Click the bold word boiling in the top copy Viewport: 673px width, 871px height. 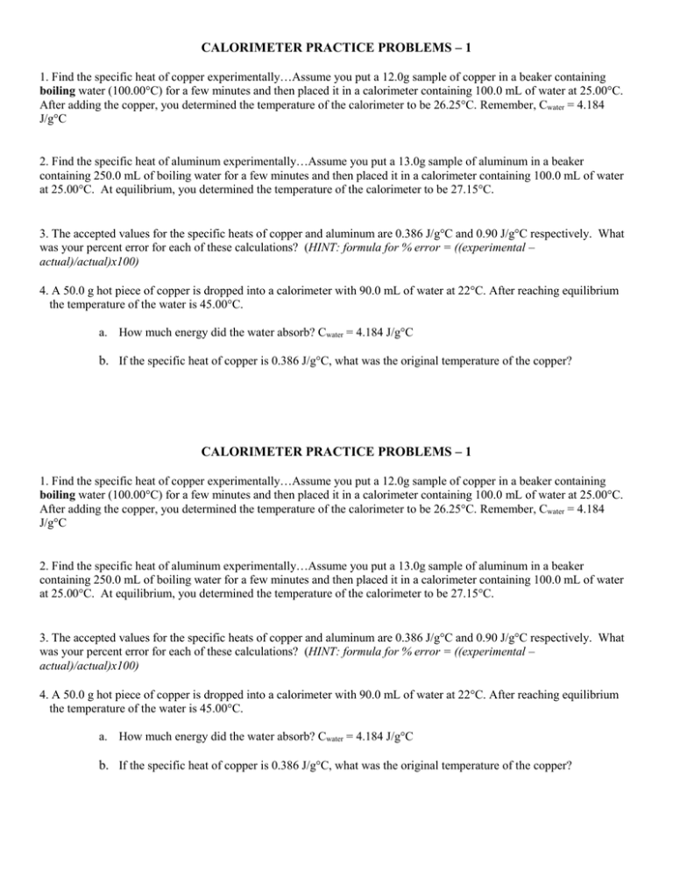click(59, 89)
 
